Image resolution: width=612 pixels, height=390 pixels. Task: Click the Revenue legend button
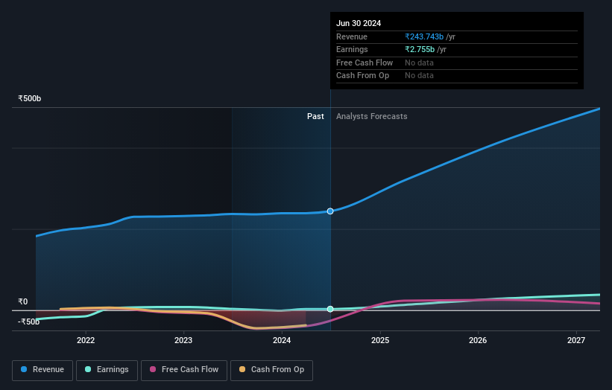(x=42, y=369)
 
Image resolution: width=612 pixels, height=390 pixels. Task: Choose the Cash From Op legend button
(x=271, y=369)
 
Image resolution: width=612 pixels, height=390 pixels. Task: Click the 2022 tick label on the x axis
(x=86, y=341)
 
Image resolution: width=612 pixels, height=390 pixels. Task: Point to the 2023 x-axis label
(x=183, y=341)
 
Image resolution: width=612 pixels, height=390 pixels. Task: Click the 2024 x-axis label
(x=282, y=341)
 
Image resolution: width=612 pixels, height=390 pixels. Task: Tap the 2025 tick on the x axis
(x=380, y=341)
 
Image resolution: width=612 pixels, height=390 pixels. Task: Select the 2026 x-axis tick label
(x=478, y=341)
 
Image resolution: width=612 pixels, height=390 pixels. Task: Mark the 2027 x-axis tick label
(x=576, y=341)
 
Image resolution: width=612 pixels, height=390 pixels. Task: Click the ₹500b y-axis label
(x=30, y=99)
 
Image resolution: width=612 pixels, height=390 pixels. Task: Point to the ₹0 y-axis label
(x=23, y=302)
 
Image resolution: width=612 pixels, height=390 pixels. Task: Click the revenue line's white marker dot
(x=330, y=211)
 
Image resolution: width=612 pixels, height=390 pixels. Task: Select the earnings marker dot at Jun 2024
(x=330, y=309)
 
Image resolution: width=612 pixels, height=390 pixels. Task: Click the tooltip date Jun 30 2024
(x=359, y=23)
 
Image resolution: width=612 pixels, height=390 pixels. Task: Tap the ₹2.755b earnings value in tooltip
(x=420, y=49)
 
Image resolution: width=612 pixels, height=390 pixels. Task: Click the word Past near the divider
(x=315, y=116)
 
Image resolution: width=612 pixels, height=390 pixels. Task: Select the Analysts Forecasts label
(x=372, y=116)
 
